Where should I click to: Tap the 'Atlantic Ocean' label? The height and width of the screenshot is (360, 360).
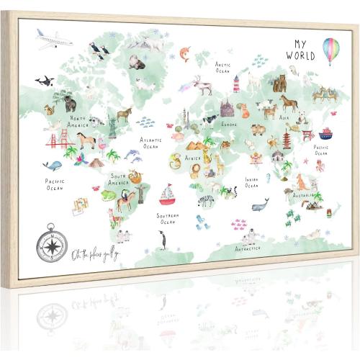[x=150, y=143]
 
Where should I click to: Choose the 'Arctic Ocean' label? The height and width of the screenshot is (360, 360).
[x=223, y=67]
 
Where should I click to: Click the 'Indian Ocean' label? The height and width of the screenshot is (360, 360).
[x=251, y=182]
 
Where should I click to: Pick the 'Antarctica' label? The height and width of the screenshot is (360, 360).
[x=248, y=248]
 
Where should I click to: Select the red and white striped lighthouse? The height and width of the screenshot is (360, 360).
[x=235, y=86]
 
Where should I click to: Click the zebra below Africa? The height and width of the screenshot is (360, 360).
[x=206, y=200]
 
